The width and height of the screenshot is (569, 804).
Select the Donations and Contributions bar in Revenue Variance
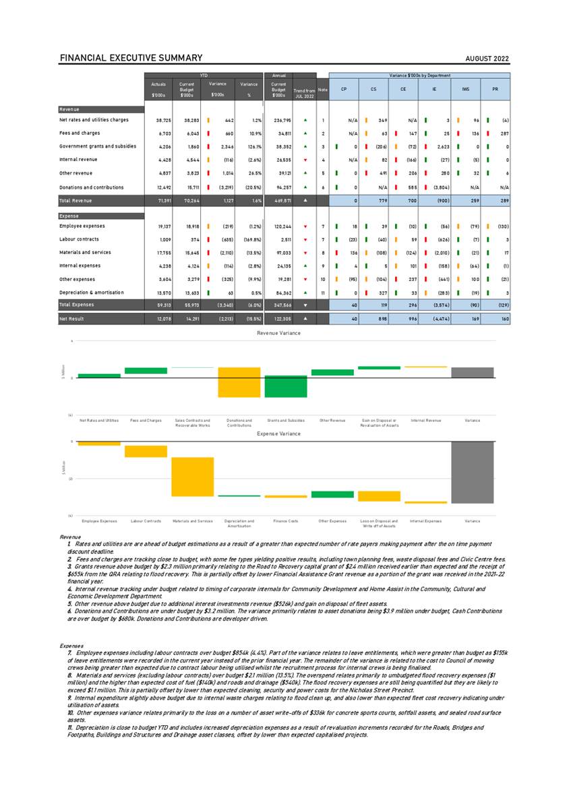click(239, 382)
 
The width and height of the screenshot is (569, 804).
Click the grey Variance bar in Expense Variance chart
click(473, 472)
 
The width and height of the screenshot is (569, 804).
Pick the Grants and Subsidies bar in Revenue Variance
click(286, 386)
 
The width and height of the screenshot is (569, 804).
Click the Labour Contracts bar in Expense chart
click(146, 452)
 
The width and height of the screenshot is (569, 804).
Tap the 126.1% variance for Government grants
click(251, 146)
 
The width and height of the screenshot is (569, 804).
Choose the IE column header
click(435, 88)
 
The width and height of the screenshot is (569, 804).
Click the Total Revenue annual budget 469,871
click(280, 202)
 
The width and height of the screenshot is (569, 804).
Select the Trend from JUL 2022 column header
click(304, 93)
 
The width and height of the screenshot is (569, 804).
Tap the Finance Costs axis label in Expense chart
click(285, 521)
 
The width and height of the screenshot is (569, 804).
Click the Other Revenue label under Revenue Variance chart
click(332, 420)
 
